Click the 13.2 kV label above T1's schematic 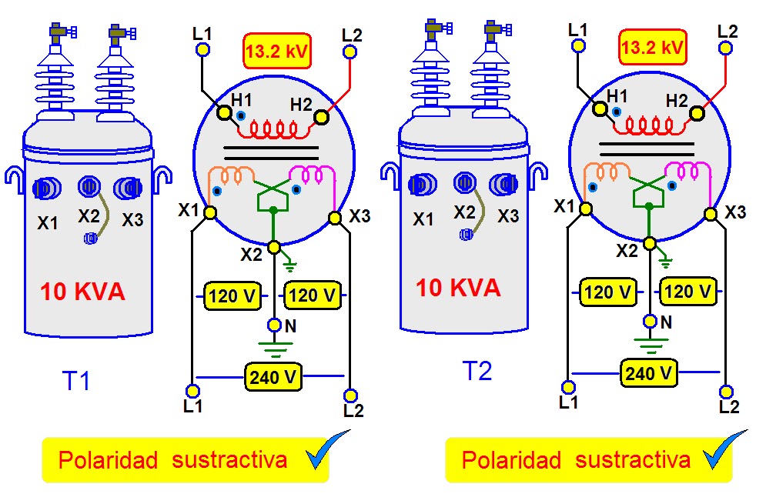[x=277, y=50]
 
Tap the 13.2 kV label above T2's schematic [x=653, y=47]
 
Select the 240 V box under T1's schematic [x=273, y=377]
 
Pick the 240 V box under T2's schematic [x=649, y=373]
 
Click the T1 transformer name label [x=76, y=381]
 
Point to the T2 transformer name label [x=477, y=371]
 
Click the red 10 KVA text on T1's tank [x=82, y=292]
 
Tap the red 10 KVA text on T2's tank [x=458, y=288]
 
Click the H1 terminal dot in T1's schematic [x=224, y=113]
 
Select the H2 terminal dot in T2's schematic [x=697, y=114]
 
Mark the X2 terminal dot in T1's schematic [x=275, y=247]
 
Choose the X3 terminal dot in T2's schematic [x=711, y=214]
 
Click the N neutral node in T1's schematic [x=275, y=325]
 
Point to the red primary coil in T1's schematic [x=273, y=129]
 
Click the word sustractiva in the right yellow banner [x=633, y=460]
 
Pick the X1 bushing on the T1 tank [x=46, y=189]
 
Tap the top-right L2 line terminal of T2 [x=725, y=48]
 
